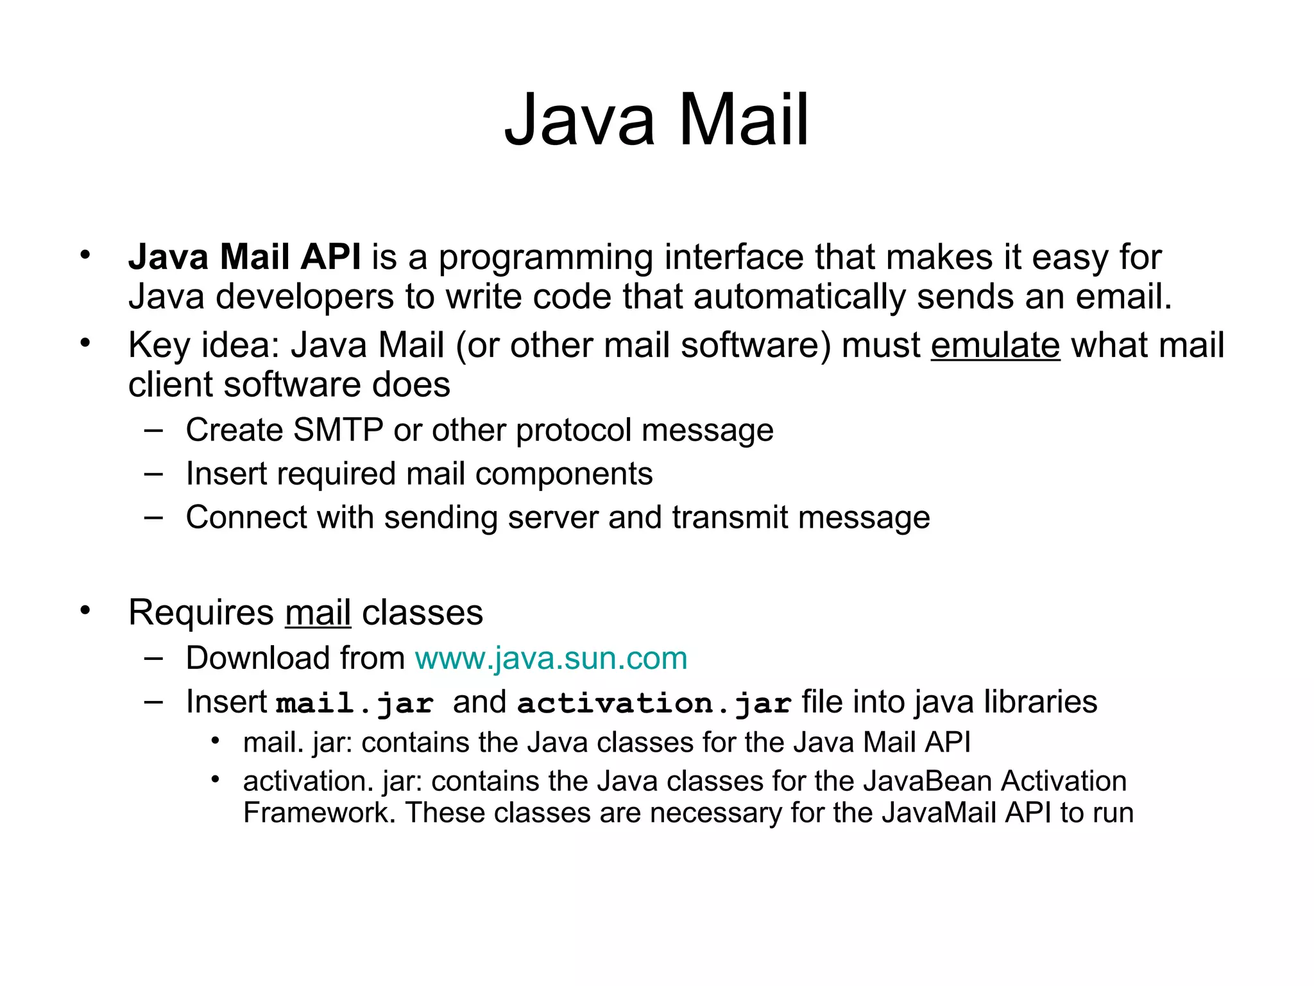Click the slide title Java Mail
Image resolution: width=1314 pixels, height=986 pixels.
[656, 121]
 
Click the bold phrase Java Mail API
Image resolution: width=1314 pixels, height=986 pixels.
[244, 257]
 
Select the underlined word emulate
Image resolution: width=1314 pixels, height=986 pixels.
[995, 345]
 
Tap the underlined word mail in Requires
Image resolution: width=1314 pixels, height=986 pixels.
[318, 612]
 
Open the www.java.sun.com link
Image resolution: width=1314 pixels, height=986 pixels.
[551, 659]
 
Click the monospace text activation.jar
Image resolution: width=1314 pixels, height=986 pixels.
[654, 703]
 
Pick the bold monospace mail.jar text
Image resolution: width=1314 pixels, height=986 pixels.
[355, 703]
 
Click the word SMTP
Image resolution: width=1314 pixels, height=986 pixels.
[337, 430]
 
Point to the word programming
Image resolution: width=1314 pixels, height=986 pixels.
[546, 258]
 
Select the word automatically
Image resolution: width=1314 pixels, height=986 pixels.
[799, 297]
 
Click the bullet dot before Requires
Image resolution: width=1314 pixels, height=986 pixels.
[85, 610]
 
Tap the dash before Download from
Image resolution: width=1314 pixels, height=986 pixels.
[153, 658]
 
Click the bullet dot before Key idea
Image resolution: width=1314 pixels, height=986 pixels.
[85, 343]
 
